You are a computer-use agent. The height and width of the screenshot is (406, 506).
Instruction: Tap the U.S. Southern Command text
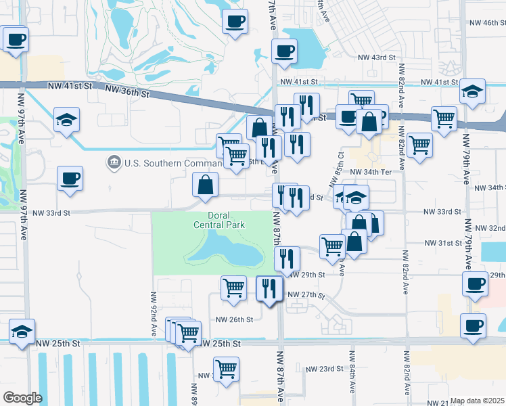click(165, 162)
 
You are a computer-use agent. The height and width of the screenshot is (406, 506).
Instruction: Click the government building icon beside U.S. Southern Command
click(113, 162)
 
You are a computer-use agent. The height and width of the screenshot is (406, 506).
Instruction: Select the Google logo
click(22, 398)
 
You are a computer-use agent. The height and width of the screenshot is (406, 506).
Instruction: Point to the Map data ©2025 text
click(478, 401)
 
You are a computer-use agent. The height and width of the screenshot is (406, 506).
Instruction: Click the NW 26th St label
click(234, 319)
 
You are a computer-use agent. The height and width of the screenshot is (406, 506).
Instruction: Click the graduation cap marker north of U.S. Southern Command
click(67, 120)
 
